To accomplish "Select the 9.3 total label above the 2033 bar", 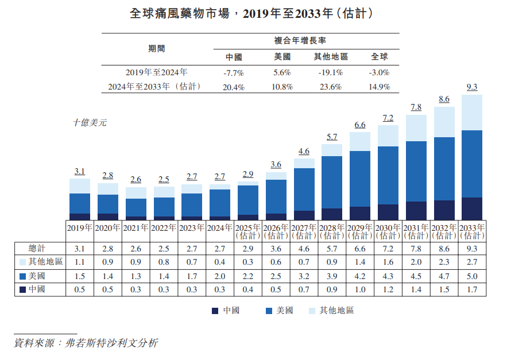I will coord(472,87).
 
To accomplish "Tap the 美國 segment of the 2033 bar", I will coord(472,164).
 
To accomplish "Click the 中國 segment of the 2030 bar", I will coord(388,212).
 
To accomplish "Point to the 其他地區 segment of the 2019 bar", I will coord(80,185).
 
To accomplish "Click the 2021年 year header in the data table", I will coord(136,227).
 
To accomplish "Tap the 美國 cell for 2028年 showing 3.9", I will coord(332,276).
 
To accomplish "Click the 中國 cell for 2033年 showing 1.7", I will coord(472,289).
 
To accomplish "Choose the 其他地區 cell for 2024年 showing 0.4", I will coord(220,262).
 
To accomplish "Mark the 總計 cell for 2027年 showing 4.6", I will coord(304,247).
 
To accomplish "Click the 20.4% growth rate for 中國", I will coord(234,87).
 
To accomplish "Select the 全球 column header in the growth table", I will coord(380,57).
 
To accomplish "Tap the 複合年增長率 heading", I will coord(304,41).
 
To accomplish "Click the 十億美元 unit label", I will coord(90,122).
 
